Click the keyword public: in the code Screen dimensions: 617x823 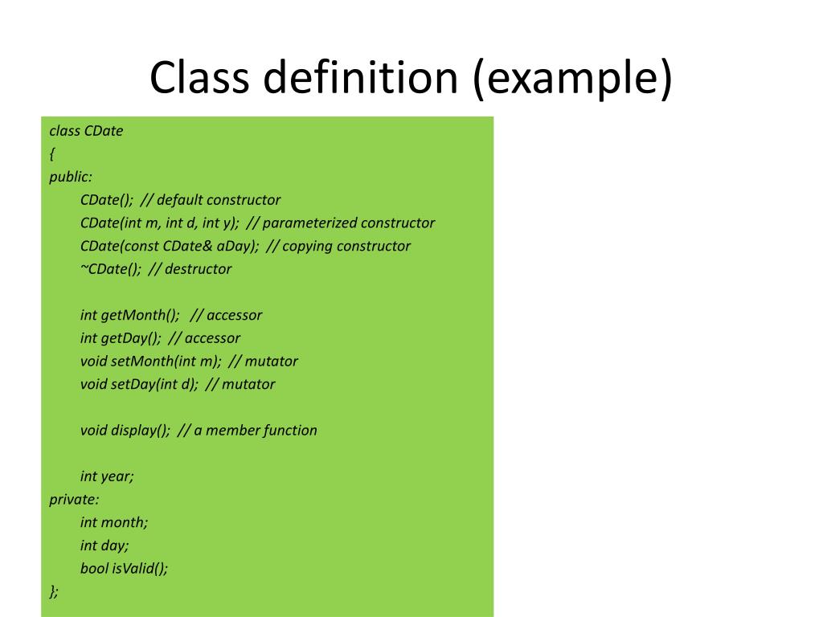tap(71, 177)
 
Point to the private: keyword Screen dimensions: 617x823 tap(74, 499)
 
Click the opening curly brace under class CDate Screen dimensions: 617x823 tap(51, 153)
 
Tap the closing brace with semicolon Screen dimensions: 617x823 tap(54, 591)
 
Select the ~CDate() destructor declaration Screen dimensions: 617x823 tap(110, 269)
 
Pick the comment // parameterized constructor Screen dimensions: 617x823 tap(341, 223)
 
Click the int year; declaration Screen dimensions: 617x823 tap(107, 476)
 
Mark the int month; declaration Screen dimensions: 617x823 tap(114, 522)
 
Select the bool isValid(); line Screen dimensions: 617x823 tap(125, 568)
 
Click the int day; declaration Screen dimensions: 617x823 tap(104, 545)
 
